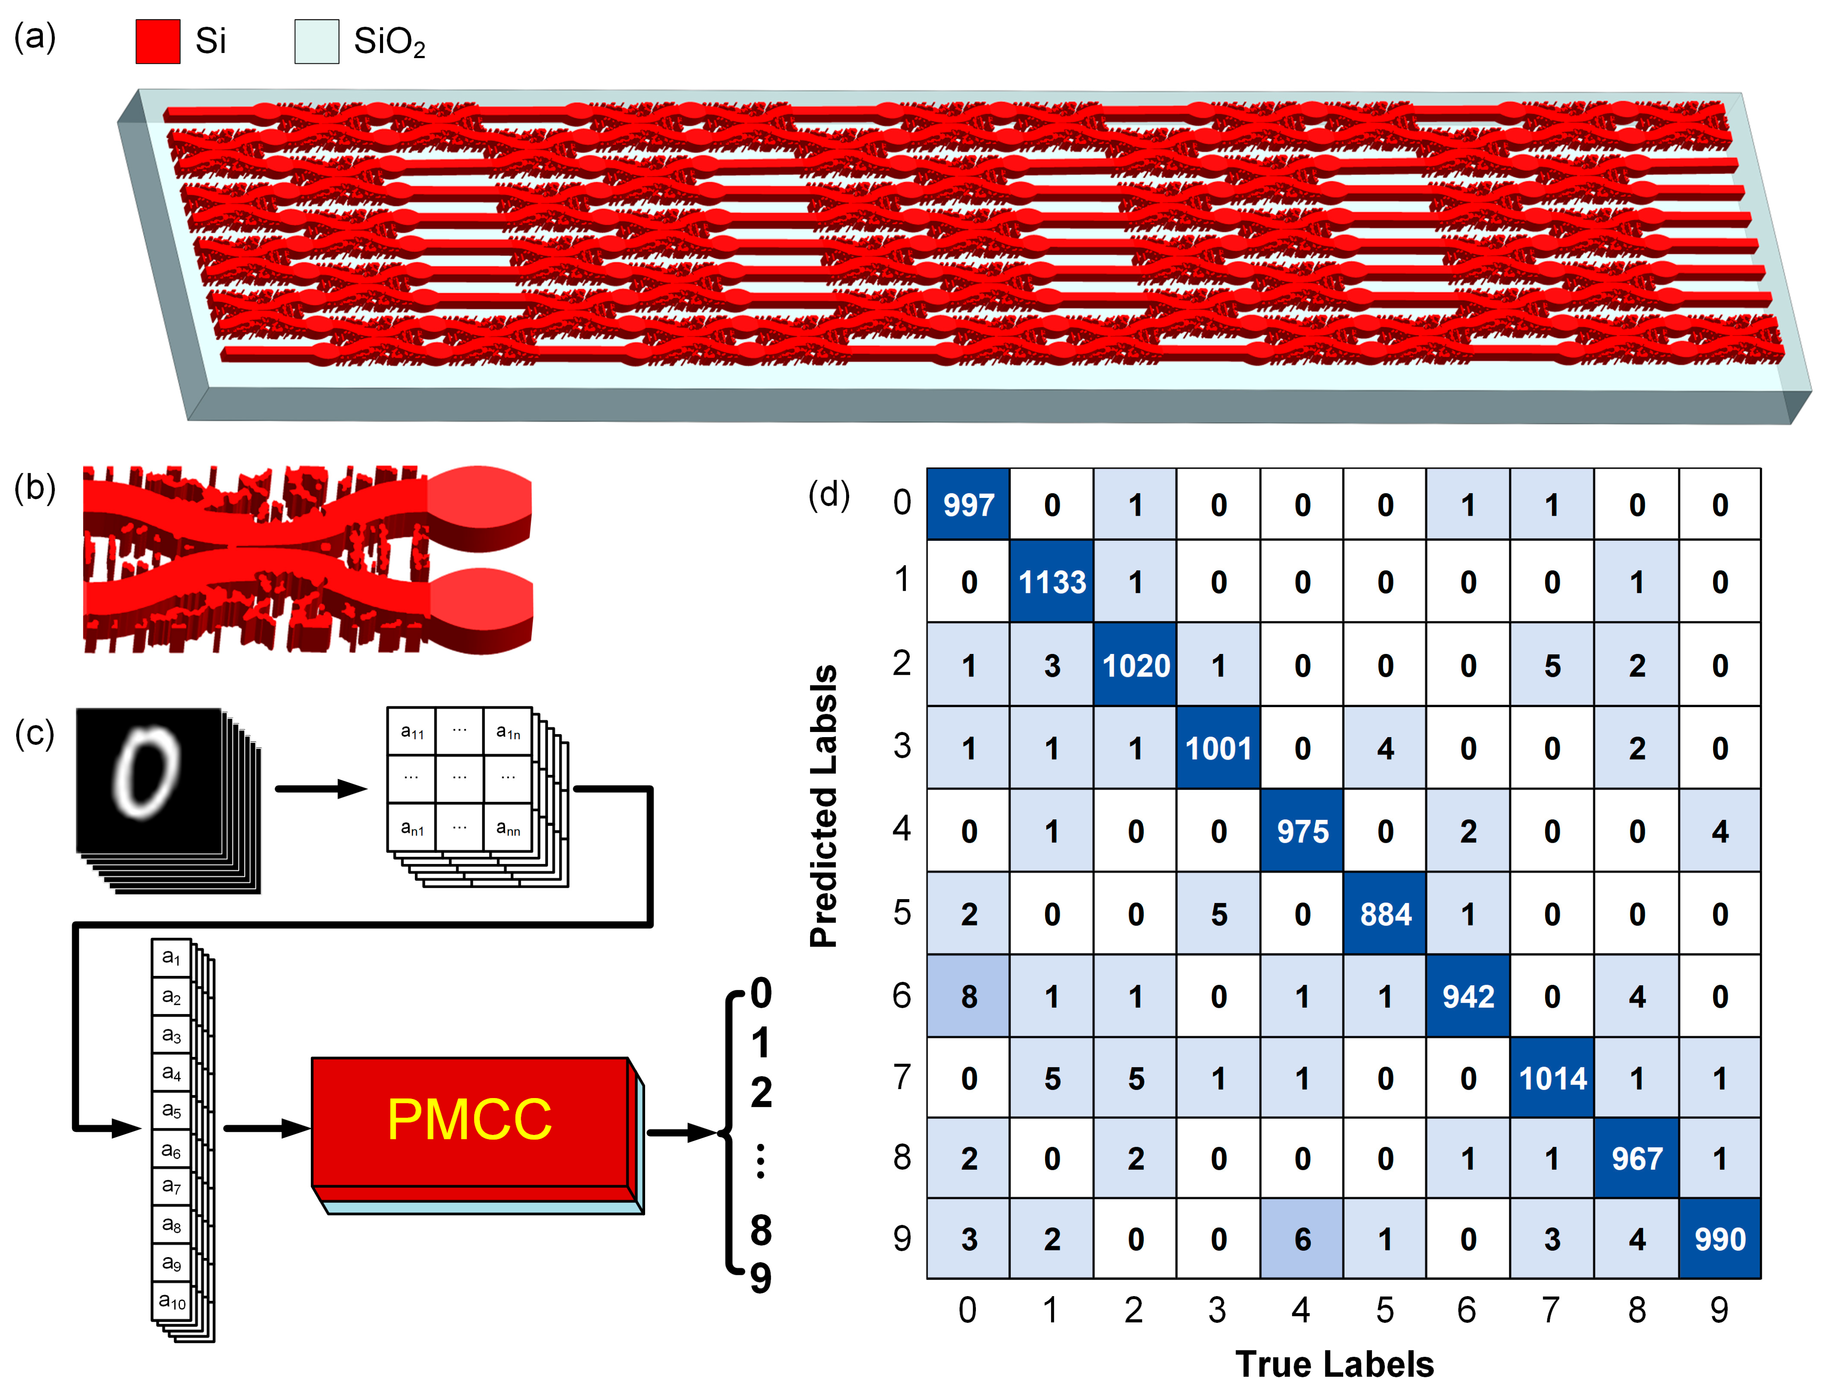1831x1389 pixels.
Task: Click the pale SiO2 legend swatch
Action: pyautogui.click(x=316, y=42)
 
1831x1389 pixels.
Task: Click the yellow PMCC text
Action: pyautogui.click(x=470, y=1119)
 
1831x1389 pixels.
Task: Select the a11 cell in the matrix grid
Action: pyautogui.click(x=411, y=731)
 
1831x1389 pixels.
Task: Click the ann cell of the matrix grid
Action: pyautogui.click(x=507, y=827)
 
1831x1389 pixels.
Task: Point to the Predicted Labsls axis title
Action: pyautogui.click(x=824, y=805)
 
